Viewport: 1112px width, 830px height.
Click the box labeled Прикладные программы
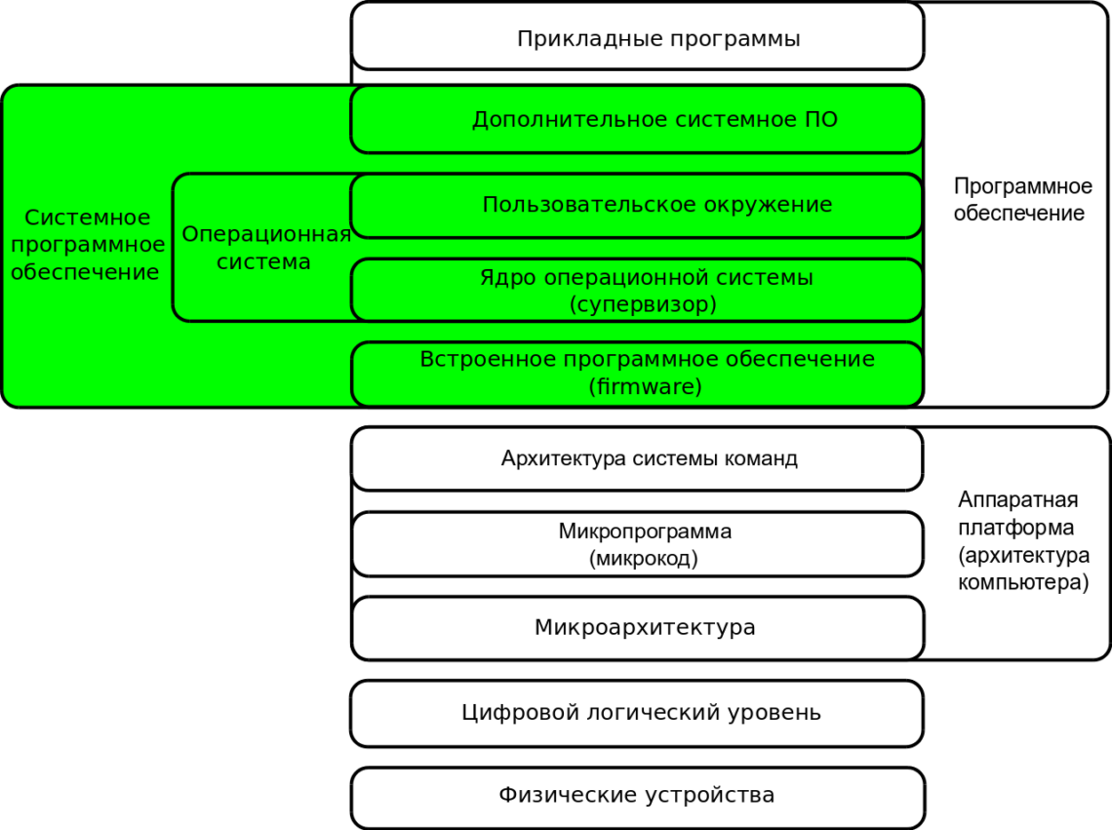click(x=638, y=36)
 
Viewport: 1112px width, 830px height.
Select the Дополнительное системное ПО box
click(x=638, y=119)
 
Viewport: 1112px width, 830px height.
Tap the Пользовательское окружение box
click(x=638, y=206)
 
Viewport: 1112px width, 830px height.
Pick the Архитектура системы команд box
click(x=638, y=459)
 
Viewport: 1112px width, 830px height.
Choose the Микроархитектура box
click(x=638, y=628)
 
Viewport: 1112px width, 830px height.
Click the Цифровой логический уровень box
click(x=638, y=714)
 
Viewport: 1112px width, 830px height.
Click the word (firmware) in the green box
click(x=646, y=386)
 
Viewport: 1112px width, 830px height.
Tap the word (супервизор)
click(x=643, y=304)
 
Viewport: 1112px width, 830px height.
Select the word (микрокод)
click(x=643, y=558)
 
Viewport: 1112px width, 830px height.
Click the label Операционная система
click(x=265, y=248)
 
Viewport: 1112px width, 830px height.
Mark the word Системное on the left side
click(x=87, y=217)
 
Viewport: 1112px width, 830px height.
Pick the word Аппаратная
click(x=1017, y=500)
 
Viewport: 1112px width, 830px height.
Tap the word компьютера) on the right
click(x=1023, y=582)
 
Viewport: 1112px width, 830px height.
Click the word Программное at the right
click(x=1022, y=186)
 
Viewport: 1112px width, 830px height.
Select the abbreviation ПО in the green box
click(x=821, y=119)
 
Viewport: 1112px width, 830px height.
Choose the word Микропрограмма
click(x=645, y=532)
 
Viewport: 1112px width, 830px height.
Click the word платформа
click(x=1015, y=528)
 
